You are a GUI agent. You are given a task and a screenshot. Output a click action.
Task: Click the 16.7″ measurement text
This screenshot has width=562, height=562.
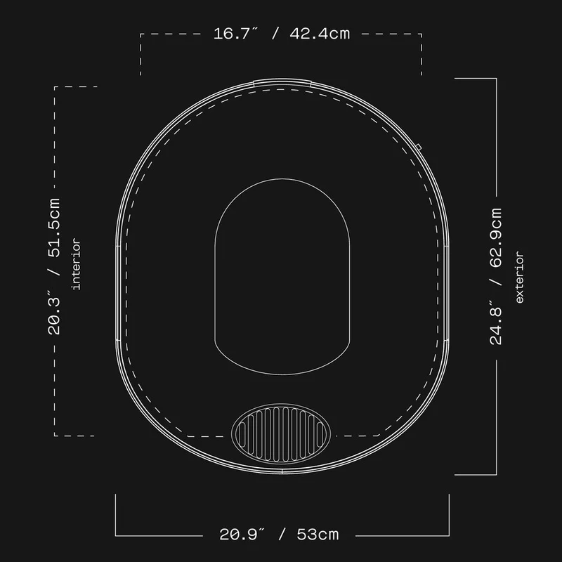tap(235, 34)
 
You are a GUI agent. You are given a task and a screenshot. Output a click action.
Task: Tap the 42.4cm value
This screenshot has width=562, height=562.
tap(320, 34)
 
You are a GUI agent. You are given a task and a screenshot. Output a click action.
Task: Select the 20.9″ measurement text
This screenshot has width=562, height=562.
tap(242, 535)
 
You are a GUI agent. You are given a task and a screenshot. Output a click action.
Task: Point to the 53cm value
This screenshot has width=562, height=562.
tap(318, 535)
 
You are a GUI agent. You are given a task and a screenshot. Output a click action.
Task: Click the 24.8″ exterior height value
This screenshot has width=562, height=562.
tap(495, 325)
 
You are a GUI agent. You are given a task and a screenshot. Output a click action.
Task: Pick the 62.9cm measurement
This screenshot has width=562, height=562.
tap(495, 237)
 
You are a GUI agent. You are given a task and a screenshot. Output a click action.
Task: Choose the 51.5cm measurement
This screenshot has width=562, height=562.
tap(54, 228)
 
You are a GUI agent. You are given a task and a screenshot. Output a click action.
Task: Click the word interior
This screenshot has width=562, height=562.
tap(77, 264)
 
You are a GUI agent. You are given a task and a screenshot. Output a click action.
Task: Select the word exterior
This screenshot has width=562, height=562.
tap(519, 277)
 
